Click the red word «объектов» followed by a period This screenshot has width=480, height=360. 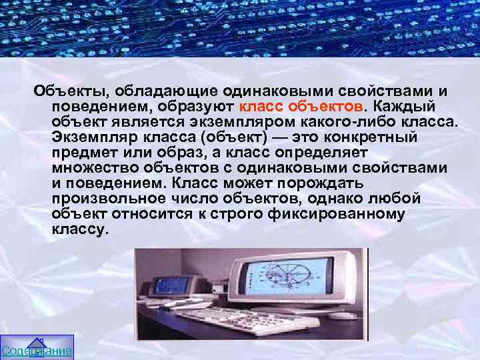click(326, 107)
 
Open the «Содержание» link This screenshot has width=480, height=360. click(37, 351)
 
